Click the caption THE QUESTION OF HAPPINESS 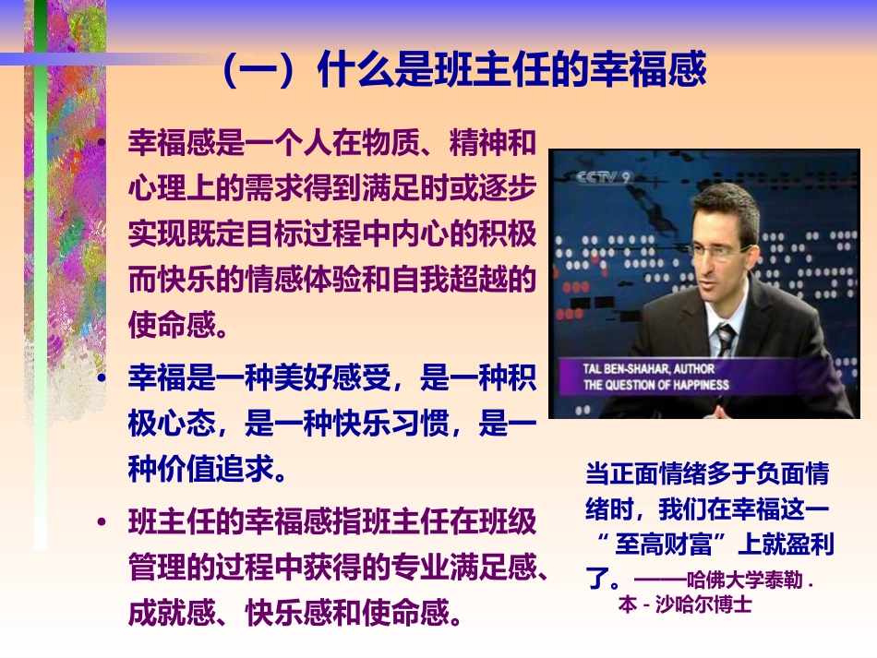point(655,385)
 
